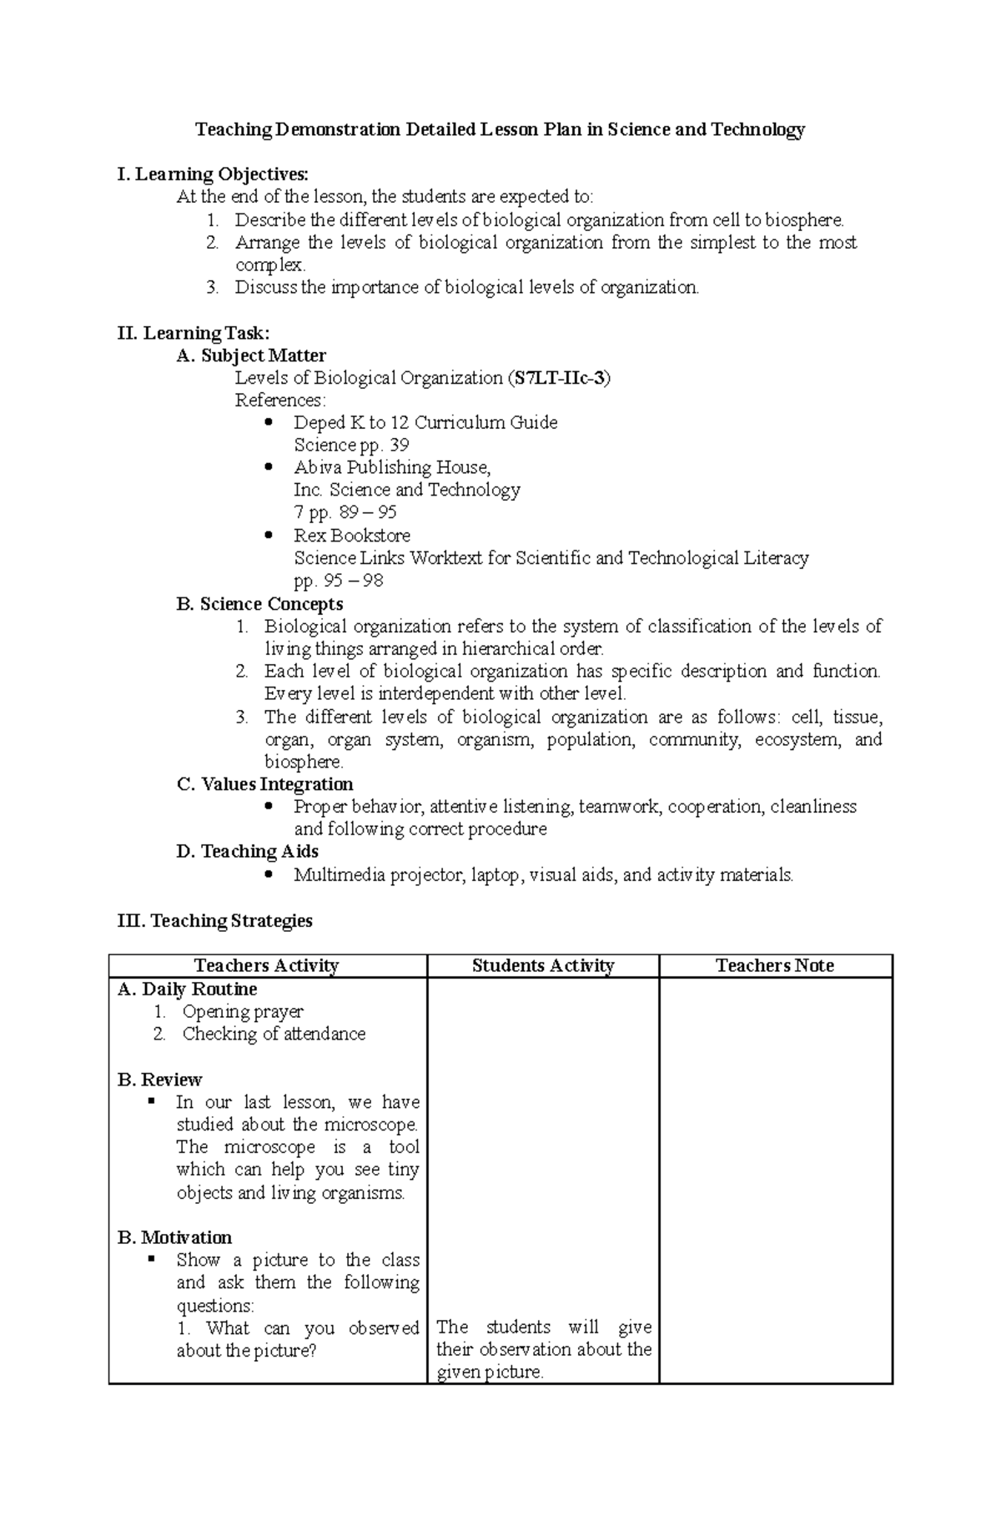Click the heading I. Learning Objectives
click(x=213, y=174)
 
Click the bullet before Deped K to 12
click(x=268, y=422)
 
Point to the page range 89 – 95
click(x=368, y=512)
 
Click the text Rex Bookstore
click(x=352, y=535)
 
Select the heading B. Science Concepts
click(x=259, y=604)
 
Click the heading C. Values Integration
click(x=264, y=784)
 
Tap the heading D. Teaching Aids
click(x=247, y=851)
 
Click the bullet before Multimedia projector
click(x=268, y=874)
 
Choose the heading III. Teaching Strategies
click(x=215, y=920)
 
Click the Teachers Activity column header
click(x=266, y=965)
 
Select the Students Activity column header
click(x=543, y=965)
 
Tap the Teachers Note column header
click(x=775, y=965)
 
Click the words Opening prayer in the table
click(x=243, y=1011)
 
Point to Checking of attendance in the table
click(x=274, y=1034)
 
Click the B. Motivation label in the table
click(x=174, y=1237)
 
